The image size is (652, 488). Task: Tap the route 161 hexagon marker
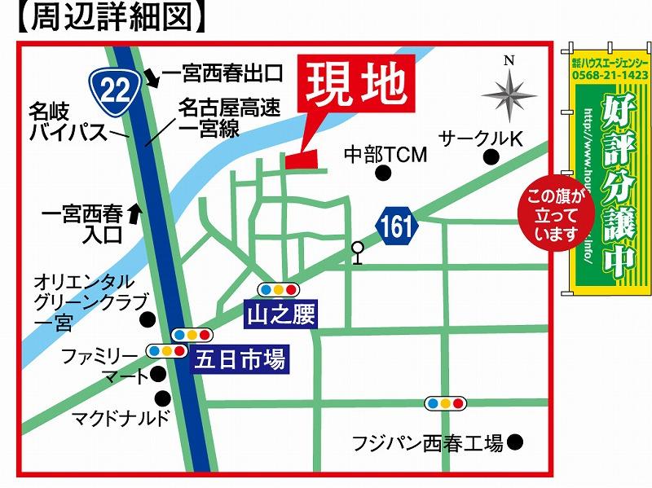396,226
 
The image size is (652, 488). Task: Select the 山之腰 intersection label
280,315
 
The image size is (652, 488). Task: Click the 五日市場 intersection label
240,359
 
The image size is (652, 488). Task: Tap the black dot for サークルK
490,158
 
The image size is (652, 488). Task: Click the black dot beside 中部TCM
383,173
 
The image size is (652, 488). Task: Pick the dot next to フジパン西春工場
514,442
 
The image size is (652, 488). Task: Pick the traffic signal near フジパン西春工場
446,402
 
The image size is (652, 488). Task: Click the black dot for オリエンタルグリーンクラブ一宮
148,319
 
